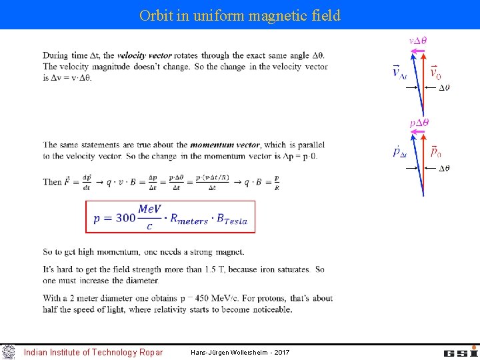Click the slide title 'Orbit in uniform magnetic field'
[x=240, y=15]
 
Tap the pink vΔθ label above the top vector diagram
[x=418, y=40]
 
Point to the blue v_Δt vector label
[x=399, y=72]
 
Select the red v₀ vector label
[x=435, y=72]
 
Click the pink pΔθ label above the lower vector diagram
[x=419, y=123]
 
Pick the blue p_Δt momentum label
[x=400, y=152]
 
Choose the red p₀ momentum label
[x=435, y=152]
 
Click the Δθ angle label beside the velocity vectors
[x=443, y=87]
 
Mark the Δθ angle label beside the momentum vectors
[x=443, y=168]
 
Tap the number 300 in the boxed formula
[x=125, y=218]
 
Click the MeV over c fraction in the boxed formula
[x=149, y=218]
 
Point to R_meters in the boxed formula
[x=189, y=219]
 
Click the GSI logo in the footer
[x=461, y=351]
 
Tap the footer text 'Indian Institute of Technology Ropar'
[x=93, y=352]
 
